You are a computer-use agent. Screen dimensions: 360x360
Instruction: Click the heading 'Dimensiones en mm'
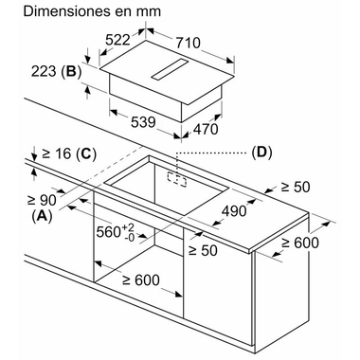[92, 11]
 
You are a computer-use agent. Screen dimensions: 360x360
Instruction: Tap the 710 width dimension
[188, 43]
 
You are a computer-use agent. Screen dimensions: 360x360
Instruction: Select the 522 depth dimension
[117, 40]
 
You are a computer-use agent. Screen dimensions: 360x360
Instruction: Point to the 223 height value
[44, 71]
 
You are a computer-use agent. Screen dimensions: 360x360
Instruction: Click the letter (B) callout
[71, 72]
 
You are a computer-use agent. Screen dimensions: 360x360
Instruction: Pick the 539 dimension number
[143, 122]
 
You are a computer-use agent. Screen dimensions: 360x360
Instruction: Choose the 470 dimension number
[206, 129]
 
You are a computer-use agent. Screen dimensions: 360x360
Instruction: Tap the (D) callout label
[261, 153]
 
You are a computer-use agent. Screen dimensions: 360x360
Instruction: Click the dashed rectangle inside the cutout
[177, 178]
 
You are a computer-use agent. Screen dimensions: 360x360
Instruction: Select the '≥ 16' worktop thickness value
[57, 153]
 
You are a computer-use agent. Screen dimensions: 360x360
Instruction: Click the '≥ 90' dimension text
[42, 199]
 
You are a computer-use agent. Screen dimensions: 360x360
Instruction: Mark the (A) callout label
[42, 216]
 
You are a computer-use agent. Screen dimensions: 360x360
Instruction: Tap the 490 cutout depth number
[234, 211]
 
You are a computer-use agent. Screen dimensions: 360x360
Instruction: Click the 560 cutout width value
[116, 232]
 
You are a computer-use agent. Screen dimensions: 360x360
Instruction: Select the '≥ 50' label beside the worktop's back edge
[296, 187]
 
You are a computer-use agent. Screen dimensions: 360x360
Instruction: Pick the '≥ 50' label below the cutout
[203, 250]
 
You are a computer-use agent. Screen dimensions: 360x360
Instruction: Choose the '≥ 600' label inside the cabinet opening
[141, 280]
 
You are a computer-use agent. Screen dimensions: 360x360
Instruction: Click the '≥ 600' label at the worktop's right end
[300, 243]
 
